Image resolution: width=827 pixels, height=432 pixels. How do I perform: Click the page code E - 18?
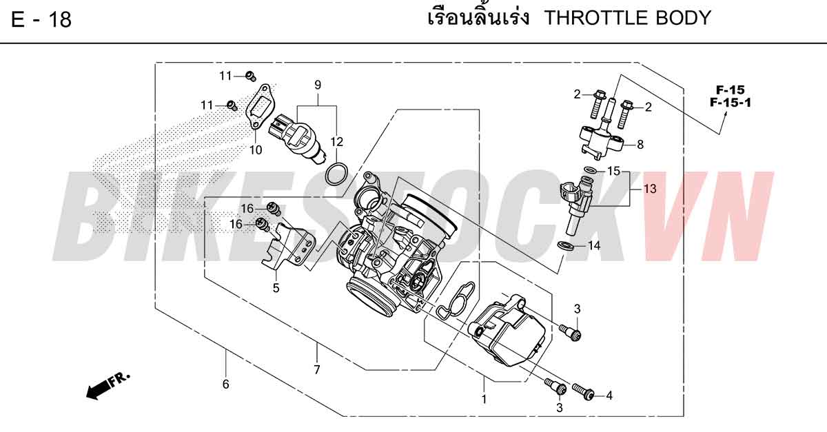click(x=41, y=19)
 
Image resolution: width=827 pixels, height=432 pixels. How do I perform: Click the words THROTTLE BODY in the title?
click(x=628, y=18)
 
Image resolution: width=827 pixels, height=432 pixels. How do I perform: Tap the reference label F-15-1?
click(x=731, y=102)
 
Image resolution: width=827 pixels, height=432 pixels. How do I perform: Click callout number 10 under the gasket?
click(x=256, y=150)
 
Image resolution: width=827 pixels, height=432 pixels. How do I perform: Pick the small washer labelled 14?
click(x=565, y=245)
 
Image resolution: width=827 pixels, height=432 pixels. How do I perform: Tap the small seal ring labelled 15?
click(x=590, y=170)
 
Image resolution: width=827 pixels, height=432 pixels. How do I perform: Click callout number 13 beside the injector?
click(x=650, y=189)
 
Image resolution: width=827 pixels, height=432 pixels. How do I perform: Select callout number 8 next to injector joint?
click(x=640, y=145)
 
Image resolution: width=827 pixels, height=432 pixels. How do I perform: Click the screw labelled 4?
click(x=583, y=392)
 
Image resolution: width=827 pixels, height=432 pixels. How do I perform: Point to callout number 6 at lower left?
click(x=225, y=384)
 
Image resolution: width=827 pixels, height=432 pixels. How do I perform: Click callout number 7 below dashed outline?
click(x=317, y=369)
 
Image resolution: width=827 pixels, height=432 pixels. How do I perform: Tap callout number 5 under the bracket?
click(x=276, y=288)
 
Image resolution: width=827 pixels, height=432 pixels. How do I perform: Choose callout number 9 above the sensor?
click(x=318, y=85)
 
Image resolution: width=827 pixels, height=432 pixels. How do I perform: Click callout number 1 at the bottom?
click(x=484, y=399)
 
